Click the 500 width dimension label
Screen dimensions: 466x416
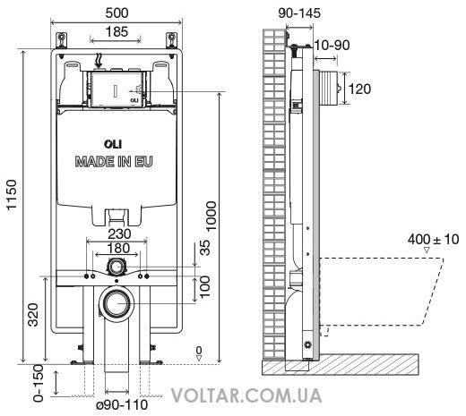(x=117, y=13)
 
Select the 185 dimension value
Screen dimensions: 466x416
(x=116, y=31)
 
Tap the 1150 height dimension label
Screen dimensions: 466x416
(x=12, y=195)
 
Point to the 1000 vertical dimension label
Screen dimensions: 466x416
(x=211, y=216)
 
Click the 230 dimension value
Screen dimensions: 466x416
(x=119, y=234)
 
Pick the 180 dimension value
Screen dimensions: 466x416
(x=118, y=248)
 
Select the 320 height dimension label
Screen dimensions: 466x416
(x=33, y=315)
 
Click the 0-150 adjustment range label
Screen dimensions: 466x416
(x=39, y=384)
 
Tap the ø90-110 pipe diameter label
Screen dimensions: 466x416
(x=122, y=405)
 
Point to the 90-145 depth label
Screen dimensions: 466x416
(x=299, y=13)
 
